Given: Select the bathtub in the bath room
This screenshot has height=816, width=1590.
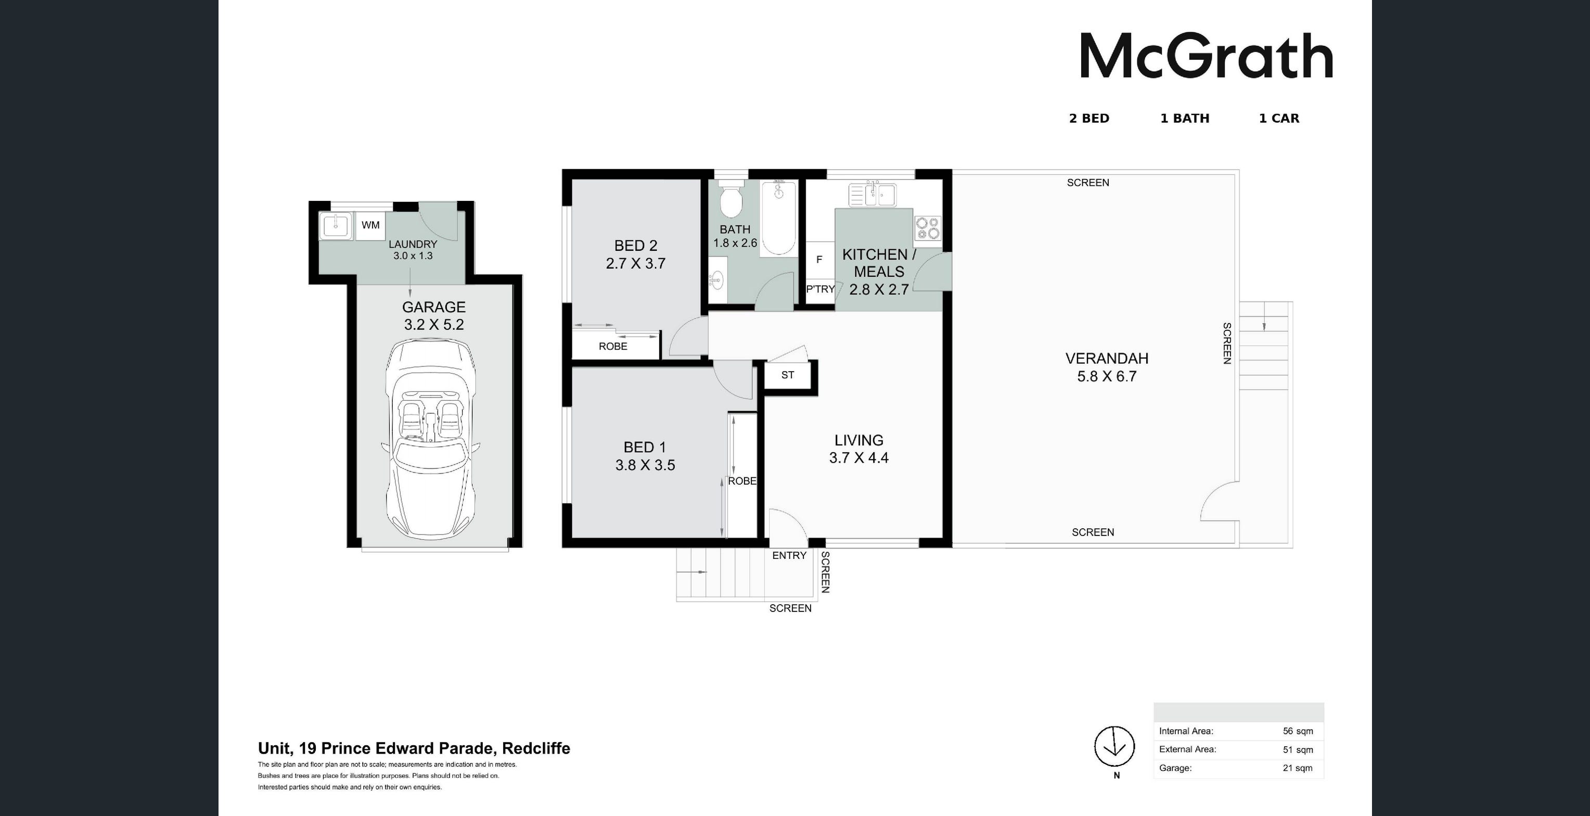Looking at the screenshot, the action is pyautogui.click(x=778, y=218).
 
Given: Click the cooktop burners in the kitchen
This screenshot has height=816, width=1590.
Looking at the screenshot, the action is pyautogui.click(x=928, y=228).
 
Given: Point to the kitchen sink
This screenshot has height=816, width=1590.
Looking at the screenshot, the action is pyautogui.click(x=871, y=195).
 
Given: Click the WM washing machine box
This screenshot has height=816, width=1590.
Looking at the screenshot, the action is pyautogui.click(x=370, y=225).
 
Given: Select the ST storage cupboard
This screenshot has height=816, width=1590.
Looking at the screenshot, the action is pyautogui.click(x=788, y=375).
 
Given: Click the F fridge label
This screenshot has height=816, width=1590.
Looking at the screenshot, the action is pyautogui.click(x=819, y=260).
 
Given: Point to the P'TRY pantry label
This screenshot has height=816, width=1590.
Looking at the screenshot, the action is pyautogui.click(x=820, y=289).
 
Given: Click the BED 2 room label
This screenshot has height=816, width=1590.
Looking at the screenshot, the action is pyautogui.click(x=636, y=246).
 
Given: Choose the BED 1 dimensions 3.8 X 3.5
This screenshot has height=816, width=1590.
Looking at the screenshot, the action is pyautogui.click(x=645, y=465).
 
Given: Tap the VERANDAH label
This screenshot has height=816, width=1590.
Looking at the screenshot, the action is pyautogui.click(x=1107, y=359).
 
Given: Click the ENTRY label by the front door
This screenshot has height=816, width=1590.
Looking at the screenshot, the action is pyautogui.click(x=789, y=555).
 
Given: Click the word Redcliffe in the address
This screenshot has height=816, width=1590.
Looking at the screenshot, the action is pyautogui.click(x=536, y=749).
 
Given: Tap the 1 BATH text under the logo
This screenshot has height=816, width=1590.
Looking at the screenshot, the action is pyautogui.click(x=1185, y=119).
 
